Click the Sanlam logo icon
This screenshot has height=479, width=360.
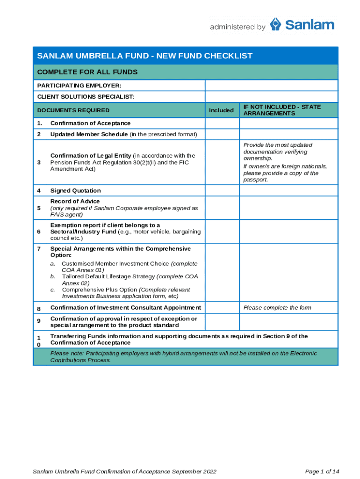(276, 24)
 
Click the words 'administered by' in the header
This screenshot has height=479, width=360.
(238, 27)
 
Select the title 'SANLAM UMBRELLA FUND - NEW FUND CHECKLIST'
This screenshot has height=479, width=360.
(144, 56)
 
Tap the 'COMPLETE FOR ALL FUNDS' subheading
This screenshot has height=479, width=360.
(87, 72)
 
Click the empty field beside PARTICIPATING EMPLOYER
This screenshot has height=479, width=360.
(271, 85)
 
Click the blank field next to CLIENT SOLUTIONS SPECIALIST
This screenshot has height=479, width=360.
(271, 97)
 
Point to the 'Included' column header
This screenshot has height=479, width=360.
(221, 110)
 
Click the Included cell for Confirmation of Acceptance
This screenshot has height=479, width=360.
(222, 123)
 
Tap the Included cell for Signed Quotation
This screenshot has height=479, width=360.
(222, 190)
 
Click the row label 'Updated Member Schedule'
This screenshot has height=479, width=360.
(89, 135)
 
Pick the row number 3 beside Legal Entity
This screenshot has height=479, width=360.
(39, 162)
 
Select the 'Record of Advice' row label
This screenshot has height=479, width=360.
(75, 201)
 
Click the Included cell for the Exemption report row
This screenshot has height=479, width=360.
(222, 232)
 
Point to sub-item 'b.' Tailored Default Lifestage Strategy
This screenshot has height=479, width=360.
(53, 276)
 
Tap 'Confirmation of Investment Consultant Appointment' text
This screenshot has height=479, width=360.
(125, 307)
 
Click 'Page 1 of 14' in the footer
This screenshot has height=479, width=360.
(322, 471)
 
